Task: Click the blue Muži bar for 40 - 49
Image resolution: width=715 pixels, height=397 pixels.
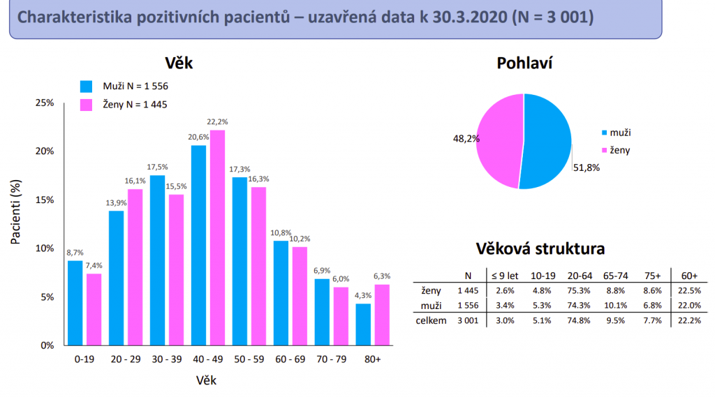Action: point(198,244)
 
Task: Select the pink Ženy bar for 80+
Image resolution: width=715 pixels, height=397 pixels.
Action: point(381,314)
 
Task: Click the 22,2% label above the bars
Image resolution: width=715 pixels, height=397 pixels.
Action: point(218,122)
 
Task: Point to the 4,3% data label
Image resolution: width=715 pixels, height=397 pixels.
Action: point(363,296)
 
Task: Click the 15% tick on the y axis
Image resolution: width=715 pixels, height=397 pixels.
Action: point(45,200)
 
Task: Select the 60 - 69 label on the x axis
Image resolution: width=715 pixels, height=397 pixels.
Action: point(290,360)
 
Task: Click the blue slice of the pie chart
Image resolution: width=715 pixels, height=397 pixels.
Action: point(548,140)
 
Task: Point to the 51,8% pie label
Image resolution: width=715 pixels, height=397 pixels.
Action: point(587,167)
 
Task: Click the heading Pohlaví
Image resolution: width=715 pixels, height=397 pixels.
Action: point(524,63)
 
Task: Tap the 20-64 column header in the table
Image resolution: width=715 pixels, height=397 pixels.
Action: point(580,276)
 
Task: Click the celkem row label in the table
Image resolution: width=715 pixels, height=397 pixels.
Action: point(432,320)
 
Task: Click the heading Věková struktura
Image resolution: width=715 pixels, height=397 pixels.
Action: point(540,249)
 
